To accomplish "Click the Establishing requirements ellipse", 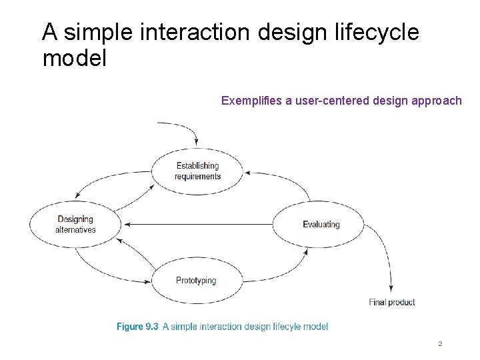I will (197, 171).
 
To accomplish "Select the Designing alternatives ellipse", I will (75, 224).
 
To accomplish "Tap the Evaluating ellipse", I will (321, 225).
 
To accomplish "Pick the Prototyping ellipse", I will (196, 281).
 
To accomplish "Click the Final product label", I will (391, 302).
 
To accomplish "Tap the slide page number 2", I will (440, 344).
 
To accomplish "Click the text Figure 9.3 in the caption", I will (137, 327).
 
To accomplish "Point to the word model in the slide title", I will (74, 59).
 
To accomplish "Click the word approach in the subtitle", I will (437, 101).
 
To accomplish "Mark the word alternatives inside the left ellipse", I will (75, 230).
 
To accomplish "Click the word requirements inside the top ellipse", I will (197, 177).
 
